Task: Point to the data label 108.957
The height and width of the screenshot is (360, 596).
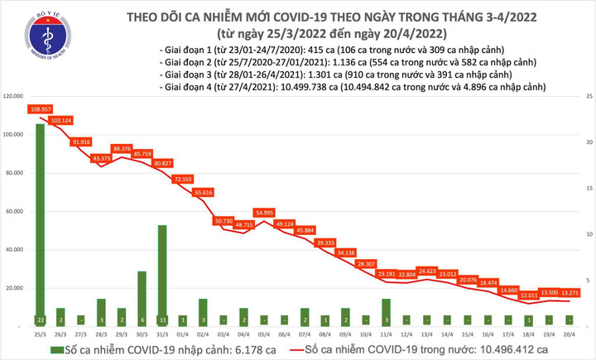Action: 41,109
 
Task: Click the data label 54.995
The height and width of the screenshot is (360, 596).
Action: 264,213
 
